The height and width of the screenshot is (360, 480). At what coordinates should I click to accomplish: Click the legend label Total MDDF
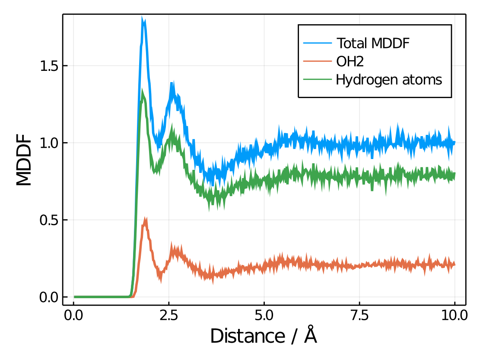pos(373,43)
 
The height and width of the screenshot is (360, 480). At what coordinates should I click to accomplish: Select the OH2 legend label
pos(350,62)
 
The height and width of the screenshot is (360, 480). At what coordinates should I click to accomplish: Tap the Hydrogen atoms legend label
pos(389,80)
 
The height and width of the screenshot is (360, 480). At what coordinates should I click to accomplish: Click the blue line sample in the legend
pos(318,43)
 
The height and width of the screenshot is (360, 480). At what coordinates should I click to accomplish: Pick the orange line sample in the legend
pos(318,62)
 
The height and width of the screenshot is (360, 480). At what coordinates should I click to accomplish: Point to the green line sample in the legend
pos(318,80)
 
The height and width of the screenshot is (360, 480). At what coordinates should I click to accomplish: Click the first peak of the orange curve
pos(145,220)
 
